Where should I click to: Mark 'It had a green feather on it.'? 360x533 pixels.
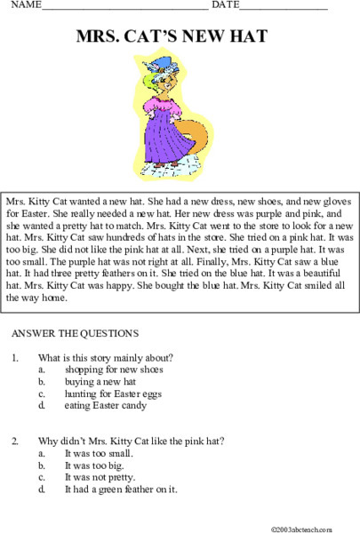(121, 489)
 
